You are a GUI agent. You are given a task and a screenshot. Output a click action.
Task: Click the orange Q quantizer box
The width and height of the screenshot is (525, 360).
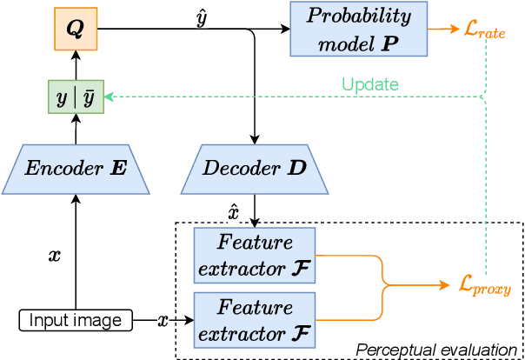point(75,29)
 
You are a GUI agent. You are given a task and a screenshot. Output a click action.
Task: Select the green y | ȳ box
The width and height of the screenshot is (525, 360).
point(75,97)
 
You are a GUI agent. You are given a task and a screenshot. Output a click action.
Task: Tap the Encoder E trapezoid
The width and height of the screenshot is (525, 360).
point(75,169)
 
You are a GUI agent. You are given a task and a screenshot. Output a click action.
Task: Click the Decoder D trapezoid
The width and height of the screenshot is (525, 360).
point(255,169)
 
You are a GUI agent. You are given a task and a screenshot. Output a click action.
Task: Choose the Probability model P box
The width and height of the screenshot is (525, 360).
point(358,29)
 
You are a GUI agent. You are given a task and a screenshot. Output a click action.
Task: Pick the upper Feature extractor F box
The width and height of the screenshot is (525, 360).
point(255,256)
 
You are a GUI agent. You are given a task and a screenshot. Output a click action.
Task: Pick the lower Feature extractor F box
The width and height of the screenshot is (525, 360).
point(255,319)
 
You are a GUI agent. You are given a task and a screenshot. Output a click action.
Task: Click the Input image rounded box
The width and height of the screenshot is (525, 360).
point(75,320)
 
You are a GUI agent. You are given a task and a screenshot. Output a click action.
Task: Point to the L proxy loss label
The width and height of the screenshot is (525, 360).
point(484,286)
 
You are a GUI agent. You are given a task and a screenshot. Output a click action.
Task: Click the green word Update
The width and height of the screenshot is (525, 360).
point(370,84)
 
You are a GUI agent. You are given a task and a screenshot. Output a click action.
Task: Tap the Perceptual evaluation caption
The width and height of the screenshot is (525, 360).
point(436,350)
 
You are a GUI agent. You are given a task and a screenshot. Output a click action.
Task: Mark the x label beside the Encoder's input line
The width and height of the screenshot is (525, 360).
point(54,256)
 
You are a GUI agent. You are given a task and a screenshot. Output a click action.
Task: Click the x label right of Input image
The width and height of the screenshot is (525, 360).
point(163,320)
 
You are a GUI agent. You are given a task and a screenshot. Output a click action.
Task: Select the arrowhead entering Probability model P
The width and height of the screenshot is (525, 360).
point(287,29)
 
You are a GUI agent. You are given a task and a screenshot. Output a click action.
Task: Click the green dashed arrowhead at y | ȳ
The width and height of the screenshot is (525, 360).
point(110,97)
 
